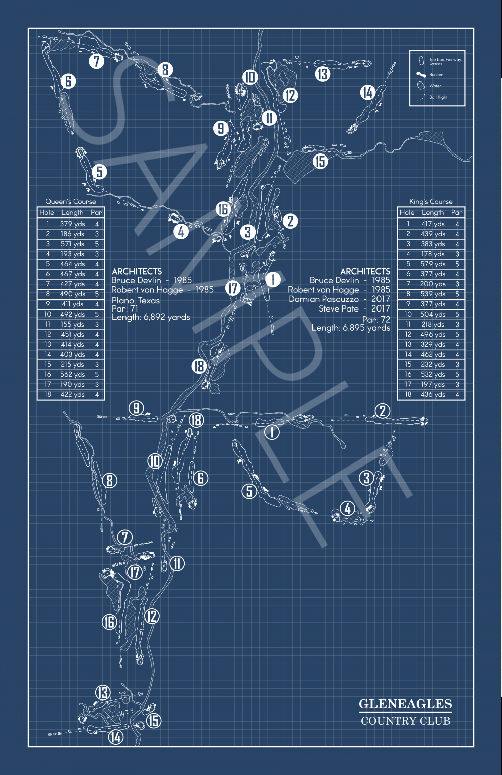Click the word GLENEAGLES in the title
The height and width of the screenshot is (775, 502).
coord(405,704)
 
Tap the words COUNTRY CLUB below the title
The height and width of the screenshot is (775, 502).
coord(405,721)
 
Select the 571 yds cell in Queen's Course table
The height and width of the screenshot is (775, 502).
coord(72,244)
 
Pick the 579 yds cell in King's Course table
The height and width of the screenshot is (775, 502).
coord(433,264)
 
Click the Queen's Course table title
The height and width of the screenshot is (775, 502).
coord(70,201)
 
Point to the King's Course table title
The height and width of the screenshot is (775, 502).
coord(431,201)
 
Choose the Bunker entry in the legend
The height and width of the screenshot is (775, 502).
coord(435,74)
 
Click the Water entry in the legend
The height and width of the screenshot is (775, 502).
coord(435,86)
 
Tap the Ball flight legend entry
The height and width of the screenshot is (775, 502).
coord(438,97)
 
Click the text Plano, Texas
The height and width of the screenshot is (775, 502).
coord(136,300)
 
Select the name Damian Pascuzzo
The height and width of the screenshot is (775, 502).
coord(324,299)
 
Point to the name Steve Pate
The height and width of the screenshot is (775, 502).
coord(339,308)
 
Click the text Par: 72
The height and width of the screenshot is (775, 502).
coord(376,319)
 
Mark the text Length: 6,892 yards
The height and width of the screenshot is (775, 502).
coord(151,317)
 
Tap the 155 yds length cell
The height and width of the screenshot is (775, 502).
coord(72,324)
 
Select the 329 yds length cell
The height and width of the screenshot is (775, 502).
coord(433,344)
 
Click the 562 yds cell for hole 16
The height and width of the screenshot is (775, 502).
coord(72,374)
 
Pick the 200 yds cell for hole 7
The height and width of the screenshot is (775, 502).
coord(433,284)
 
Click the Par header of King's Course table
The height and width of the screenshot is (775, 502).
coord(456,212)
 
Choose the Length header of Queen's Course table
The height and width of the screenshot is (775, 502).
coord(72,212)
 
